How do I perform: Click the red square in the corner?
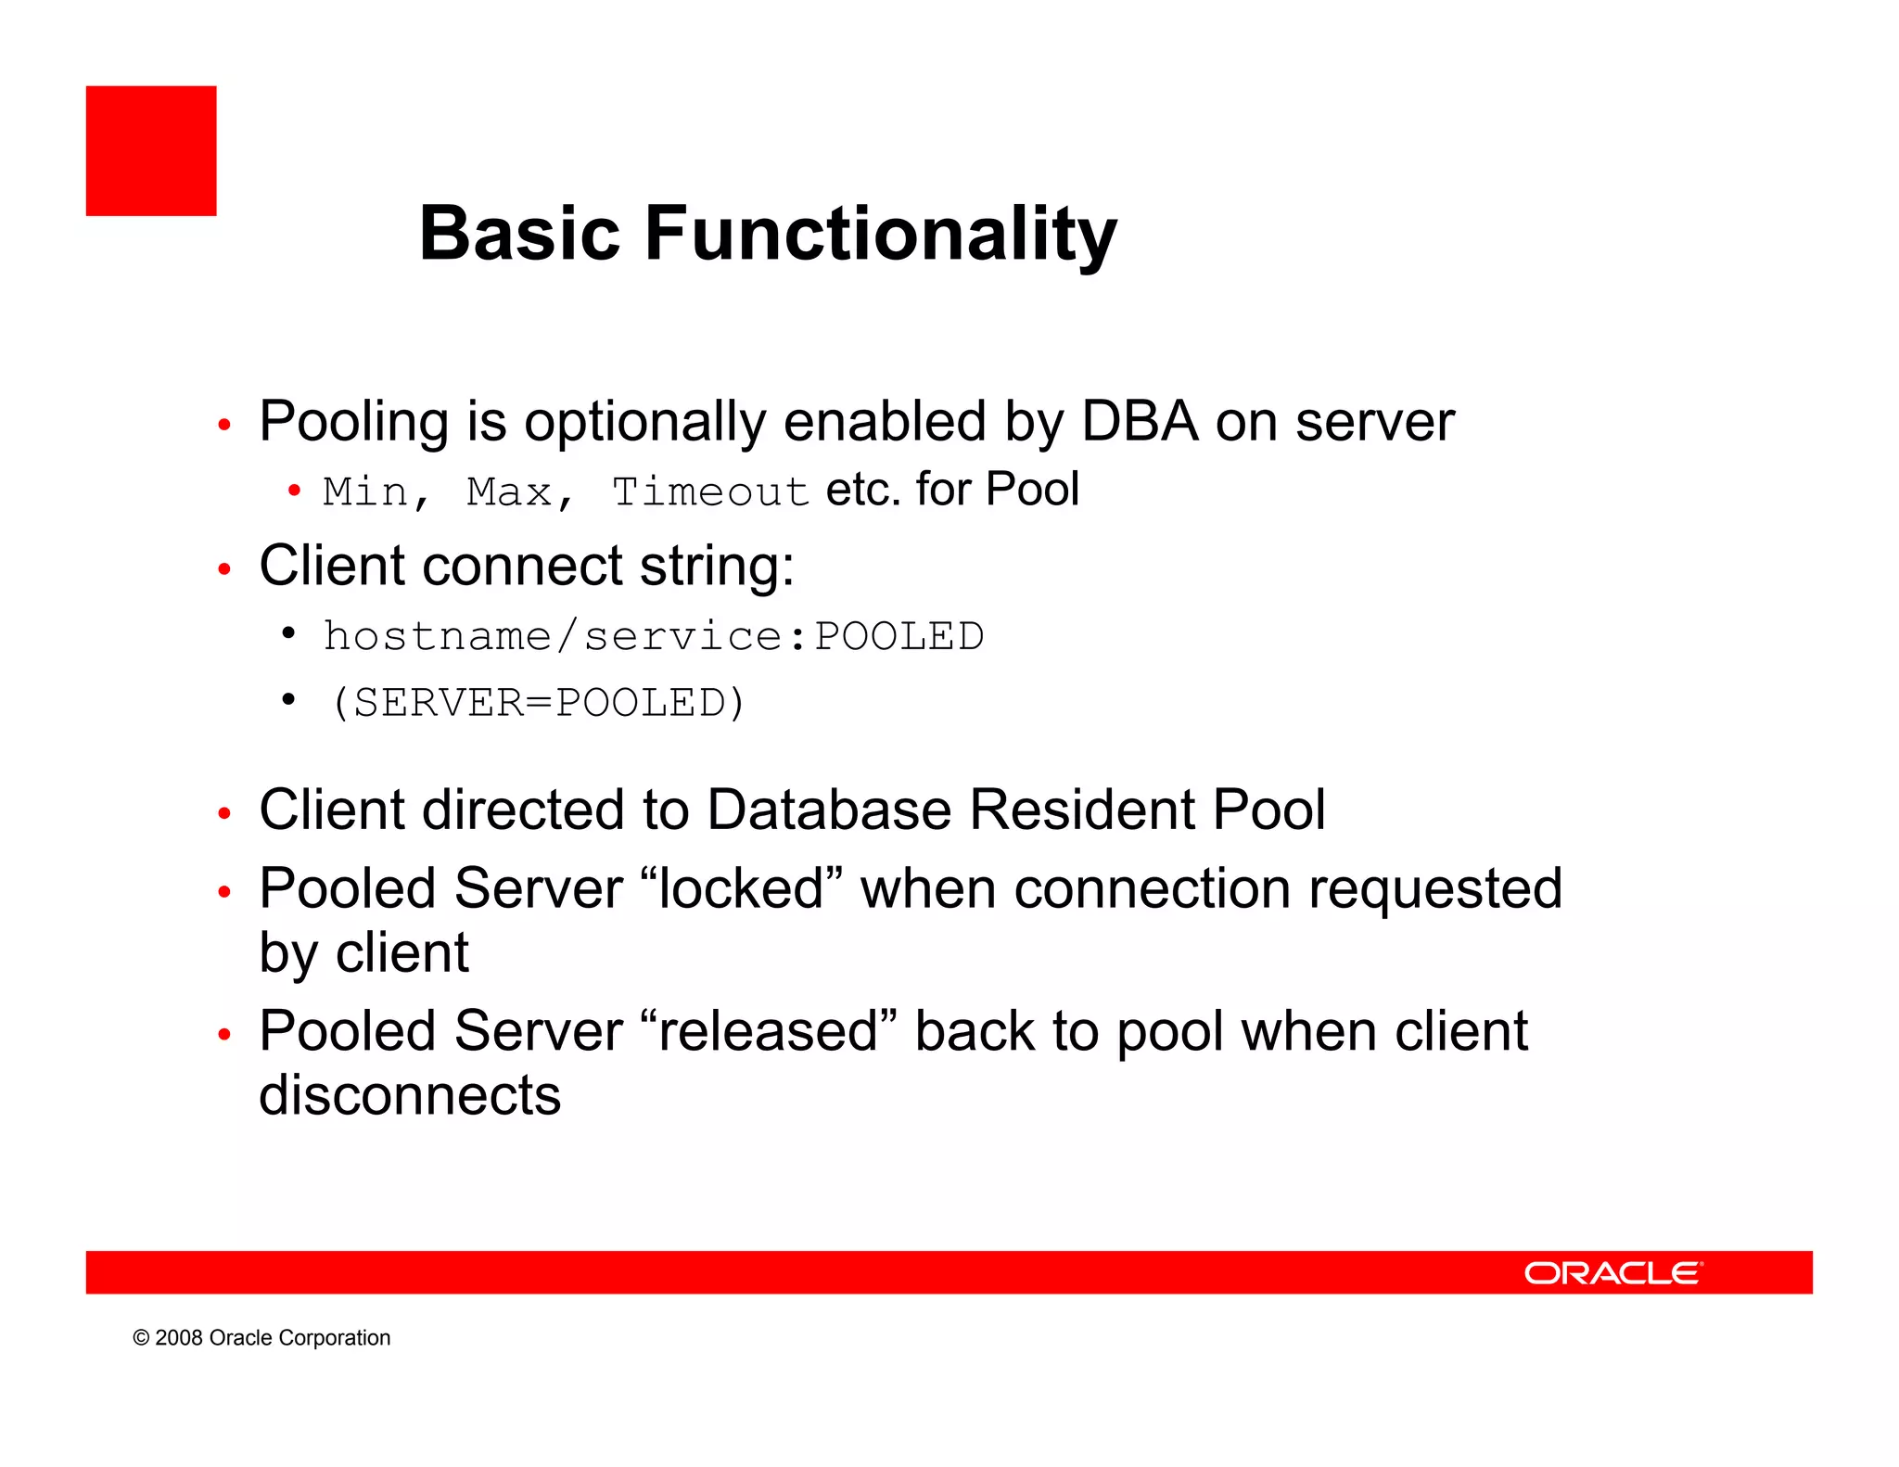pyautogui.click(x=151, y=151)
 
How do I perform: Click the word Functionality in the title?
pyautogui.click(x=880, y=234)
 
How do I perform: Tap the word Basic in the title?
pyautogui.click(x=518, y=234)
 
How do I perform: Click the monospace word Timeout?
pyautogui.click(x=710, y=491)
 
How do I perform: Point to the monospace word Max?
pyautogui.click(x=509, y=491)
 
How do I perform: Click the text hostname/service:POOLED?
pyautogui.click(x=653, y=636)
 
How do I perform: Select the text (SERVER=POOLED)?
pyautogui.click(x=538, y=702)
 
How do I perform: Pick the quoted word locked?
pyautogui.click(x=742, y=888)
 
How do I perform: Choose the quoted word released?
pyautogui.click(x=769, y=1031)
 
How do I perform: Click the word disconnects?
pyautogui.click(x=410, y=1095)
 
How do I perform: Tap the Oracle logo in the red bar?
pyautogui.click(x=1612, y=1273)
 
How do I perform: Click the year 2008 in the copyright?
pyautogui.click(x=179, y=1338)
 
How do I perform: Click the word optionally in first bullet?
pyautogui.click(x=645, y=422)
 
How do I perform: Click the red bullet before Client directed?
pyautogui.click(x=223, y=813)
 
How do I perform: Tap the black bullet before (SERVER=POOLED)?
pyautogui.click(x=288, y=699)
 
